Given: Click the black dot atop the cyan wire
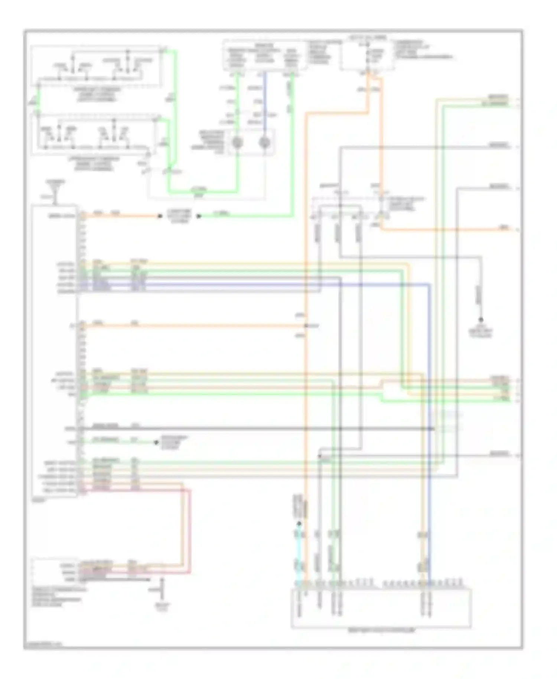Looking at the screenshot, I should coord(299,524).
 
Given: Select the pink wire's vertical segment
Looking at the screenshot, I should coord(190,531).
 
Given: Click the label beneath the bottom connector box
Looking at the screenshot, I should coord(381,630).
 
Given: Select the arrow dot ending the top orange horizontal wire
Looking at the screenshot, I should coord(160,216).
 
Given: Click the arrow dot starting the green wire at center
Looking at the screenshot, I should coord(199,216).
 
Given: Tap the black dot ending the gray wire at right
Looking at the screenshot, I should coord(481,320).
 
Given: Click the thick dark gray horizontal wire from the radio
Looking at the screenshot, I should coord(256,429).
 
